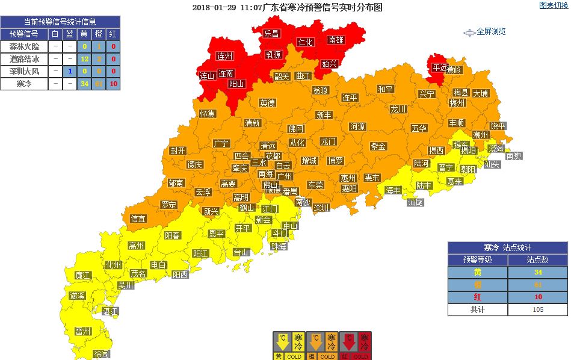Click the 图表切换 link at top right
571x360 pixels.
553,5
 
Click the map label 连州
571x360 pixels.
224,56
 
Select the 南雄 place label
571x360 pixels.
336,40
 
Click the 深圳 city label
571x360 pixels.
321,208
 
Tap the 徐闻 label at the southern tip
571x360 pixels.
102,354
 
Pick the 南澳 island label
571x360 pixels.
514,156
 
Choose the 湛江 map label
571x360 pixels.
110,311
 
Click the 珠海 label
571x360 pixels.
279,246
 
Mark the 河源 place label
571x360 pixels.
357,127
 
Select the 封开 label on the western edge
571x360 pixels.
177,151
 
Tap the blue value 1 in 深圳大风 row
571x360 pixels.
70,71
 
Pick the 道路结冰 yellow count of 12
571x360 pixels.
85,59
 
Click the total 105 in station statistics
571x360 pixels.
537,309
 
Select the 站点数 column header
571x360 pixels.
537,260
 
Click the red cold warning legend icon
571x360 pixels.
355,346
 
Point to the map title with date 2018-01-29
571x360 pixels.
287,8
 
